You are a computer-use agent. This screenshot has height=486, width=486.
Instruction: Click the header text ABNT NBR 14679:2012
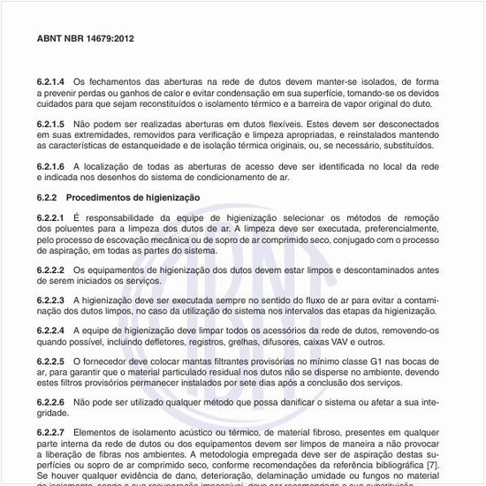tap(86, 40)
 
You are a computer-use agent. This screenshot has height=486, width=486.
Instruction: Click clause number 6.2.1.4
tap(51, 81)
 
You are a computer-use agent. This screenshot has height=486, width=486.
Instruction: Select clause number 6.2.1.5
tap(51, 124)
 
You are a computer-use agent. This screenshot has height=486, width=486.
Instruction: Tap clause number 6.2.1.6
tap(51, 165)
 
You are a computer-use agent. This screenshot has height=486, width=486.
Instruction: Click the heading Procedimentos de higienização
tap(133, 196)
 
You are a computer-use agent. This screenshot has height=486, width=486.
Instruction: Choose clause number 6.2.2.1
tap(51, 217)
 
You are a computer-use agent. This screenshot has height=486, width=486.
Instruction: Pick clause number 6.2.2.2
tap(51, 270)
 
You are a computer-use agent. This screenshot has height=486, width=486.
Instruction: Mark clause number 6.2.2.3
tap(51, 300)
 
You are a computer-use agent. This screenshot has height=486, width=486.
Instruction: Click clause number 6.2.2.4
tap(51, 330)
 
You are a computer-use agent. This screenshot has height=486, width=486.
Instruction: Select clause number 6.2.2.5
tap(51, 361)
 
